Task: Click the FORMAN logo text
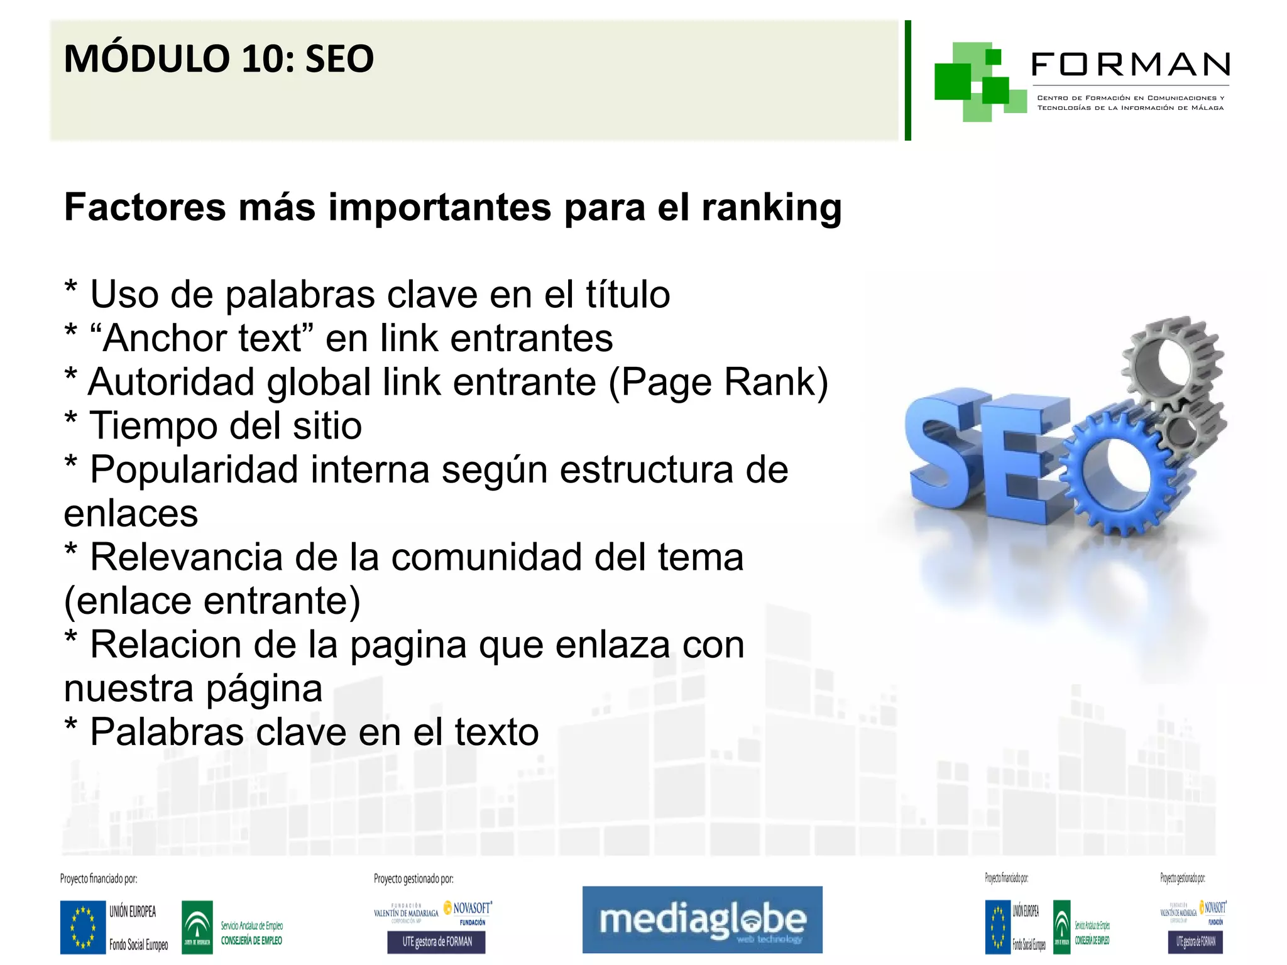[x=1130, y=65]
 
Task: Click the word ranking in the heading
[x=771, y=207]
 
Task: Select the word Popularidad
[x=194, y=469]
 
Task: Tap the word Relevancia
[x=186, y=557]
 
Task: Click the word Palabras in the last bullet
[x=167, y=732]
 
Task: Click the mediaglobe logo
[x=702, y=920]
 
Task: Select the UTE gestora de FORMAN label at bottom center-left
[x=437, y=941]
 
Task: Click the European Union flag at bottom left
[x=82, y=927]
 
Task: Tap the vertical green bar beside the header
[x=907, y=80]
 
